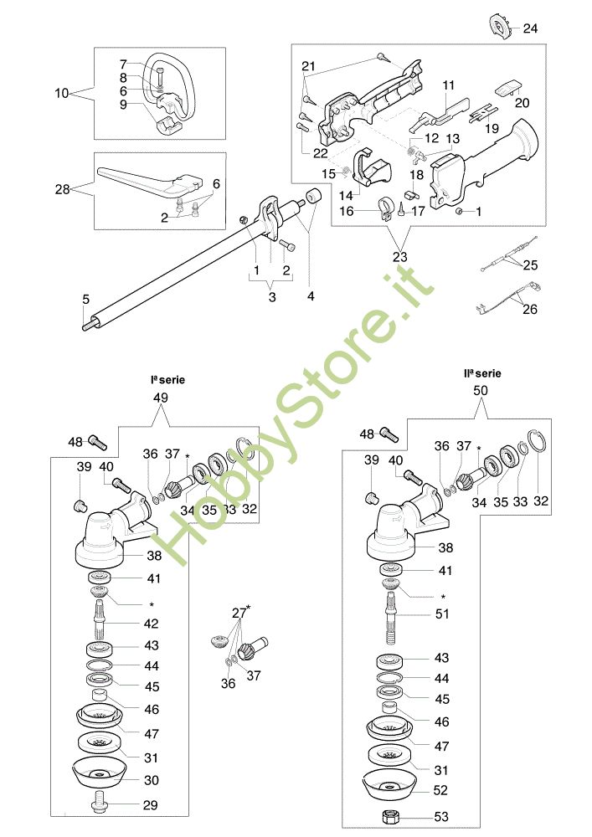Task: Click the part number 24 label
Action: [531, 28]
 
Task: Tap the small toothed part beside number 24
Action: [499, 28]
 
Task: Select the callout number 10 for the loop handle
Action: [62, 93]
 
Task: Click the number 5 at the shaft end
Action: [85, 299]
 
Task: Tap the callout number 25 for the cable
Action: [530, 265]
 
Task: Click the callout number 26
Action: [530, 308]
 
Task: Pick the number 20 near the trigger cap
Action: [523, 104]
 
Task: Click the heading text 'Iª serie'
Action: [168, 379]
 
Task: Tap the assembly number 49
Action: [161, 398]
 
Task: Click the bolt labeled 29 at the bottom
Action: [99, 805]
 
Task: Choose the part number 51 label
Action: [443, 614]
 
